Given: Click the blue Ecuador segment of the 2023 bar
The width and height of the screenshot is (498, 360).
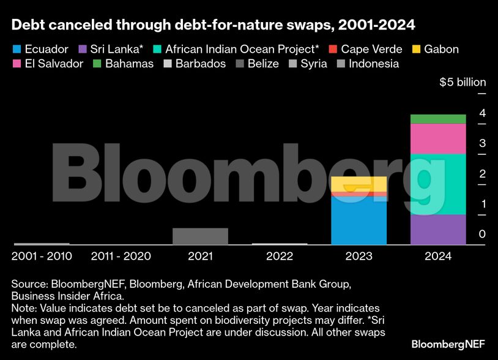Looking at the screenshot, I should click(359, 220).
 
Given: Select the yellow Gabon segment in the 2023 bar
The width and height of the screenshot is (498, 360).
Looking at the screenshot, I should click(359, 184).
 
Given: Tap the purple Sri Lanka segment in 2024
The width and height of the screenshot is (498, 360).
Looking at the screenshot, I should click(437, 230).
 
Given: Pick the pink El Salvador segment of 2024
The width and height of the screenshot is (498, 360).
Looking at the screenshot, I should click(437, 138).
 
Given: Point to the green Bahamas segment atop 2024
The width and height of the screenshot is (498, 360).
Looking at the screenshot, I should click(437, 119).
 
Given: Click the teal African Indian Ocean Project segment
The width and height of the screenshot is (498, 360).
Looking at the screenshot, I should click(437, 184).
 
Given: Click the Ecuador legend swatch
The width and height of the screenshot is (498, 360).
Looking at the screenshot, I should click(17, 49).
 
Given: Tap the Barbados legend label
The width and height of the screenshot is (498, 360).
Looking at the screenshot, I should click(201, 64).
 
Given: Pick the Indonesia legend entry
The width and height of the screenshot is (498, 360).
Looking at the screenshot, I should click(373, 64).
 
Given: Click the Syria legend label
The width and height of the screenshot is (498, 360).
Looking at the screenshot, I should click(314, 64).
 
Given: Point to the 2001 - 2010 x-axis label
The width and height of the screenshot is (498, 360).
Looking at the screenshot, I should click(42, 256).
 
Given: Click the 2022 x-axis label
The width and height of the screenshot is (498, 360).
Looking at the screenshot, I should click(279, 256).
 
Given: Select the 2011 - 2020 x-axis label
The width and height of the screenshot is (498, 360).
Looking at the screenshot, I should click(121, 256).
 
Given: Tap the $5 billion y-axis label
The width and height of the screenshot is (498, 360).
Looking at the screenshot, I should click(463, 82).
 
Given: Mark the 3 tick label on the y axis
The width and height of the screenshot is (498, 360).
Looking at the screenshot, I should click(465, 143).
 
